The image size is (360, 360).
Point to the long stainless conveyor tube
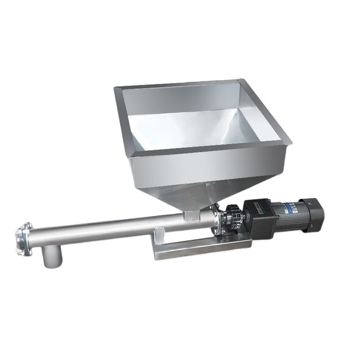pyautogui.click(x=112, y=227)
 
